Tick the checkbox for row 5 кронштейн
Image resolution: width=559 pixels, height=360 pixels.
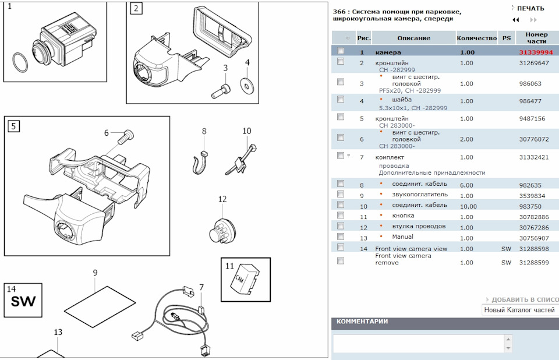point(340,117)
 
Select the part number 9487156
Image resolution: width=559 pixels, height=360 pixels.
point(532,119)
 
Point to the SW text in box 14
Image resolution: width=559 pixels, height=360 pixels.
point(23,302)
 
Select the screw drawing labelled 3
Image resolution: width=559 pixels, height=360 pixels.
point(224,89)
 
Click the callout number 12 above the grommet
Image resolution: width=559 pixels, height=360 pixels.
point(222,199)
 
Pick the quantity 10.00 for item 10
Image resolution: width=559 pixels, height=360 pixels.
point(468,206)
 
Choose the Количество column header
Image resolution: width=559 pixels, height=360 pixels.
point(476,38)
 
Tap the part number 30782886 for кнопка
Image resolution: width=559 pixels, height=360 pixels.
point(534,217)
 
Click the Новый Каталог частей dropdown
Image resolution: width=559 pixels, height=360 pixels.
point(520,310)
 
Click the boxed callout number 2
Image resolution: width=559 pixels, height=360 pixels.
point(136,8)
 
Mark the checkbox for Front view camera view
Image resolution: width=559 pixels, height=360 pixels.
point(340,247)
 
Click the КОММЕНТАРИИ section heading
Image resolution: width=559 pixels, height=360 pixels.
point(362,322)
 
